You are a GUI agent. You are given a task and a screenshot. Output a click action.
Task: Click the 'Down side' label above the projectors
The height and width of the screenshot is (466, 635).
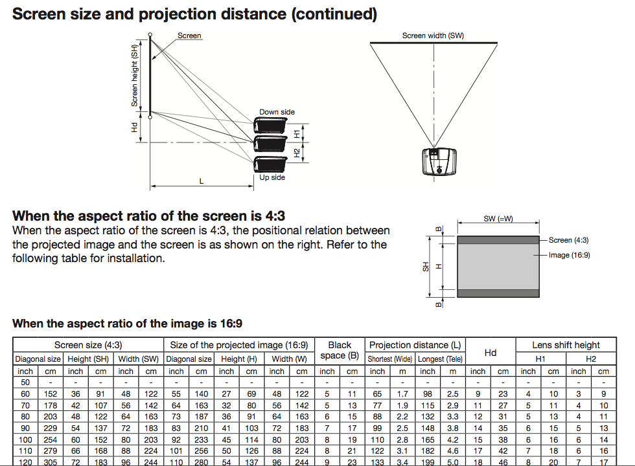(x=277, y=112)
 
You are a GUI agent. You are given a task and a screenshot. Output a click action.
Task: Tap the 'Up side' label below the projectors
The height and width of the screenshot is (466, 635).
(x=272, y=177)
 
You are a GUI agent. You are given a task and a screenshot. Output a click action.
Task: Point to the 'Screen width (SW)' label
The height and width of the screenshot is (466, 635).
(x=433, y=36)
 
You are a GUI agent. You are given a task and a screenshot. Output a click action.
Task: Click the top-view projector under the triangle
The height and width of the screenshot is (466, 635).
(x=439, y=161)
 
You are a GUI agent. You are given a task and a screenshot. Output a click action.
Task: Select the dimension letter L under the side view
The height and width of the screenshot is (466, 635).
(x=202, y=181)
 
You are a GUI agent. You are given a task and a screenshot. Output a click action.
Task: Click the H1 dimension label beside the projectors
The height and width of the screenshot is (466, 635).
(x=297, y=134)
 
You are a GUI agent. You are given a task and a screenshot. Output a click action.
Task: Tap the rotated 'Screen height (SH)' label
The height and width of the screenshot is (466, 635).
(x=135, y=75)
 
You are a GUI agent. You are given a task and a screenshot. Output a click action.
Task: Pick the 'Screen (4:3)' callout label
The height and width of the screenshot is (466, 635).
(x=569, y=240)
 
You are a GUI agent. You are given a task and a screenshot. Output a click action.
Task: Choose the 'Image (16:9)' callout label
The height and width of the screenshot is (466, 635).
(x=570, y=255)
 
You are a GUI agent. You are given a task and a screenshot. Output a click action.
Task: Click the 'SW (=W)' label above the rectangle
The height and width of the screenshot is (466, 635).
(x=498, y=219)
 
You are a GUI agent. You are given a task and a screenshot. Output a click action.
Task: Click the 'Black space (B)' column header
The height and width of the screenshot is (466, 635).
(x=340, y=350)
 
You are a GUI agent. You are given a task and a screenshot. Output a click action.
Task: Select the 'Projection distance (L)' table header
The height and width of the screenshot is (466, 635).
(x=415, y=345)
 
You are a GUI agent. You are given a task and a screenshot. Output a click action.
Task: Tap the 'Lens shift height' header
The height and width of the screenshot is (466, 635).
(x=566, y=345)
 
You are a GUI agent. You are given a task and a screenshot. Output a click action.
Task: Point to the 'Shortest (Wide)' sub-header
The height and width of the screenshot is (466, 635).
(x=390, y=359)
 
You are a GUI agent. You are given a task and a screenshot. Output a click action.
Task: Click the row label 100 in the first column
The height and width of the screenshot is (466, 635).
(x=25, y=439)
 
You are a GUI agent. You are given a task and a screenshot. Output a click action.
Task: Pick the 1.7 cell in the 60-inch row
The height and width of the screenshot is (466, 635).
(x=402, y=394)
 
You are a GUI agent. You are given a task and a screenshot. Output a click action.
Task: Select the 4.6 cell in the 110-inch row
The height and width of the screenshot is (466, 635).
(x=453, y=451)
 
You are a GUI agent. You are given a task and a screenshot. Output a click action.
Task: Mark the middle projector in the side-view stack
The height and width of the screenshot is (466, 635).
(x=270, y=144)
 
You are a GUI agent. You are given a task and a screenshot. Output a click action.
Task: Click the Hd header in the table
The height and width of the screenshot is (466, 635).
(x=491, y=353)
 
